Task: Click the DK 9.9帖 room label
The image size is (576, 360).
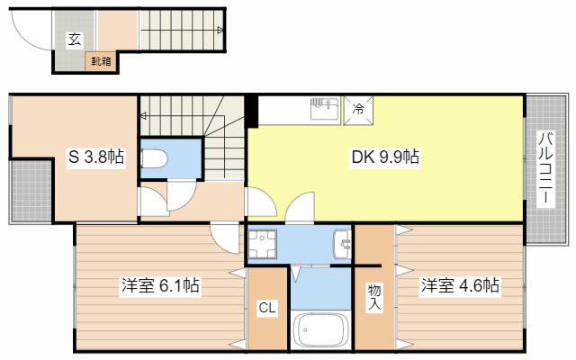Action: click(x=385, y=157)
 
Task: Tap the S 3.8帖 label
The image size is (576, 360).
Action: click(x=96, y=157)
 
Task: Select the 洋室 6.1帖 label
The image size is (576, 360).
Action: click(x=160, y=285)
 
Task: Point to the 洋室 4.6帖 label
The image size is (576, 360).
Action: click(x=460, y=285)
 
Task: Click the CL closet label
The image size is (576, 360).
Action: click(x=267, y=308)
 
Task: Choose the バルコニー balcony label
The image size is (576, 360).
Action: click(x=545, y=168)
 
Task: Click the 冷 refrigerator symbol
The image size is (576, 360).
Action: click(x=358, y=111)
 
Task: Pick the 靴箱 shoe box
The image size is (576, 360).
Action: click(x=101, y=61)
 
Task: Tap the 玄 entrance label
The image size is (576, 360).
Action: click(x=75, y=40)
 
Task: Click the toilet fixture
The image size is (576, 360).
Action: click(x=154, y=158)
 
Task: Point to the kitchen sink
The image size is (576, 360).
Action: click(x=324, y=109)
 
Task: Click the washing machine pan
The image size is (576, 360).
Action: click(x=262, y=244)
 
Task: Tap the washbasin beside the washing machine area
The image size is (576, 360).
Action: click(x=342, y=244)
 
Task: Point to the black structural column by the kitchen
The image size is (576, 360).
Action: click(x=252, y=111)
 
